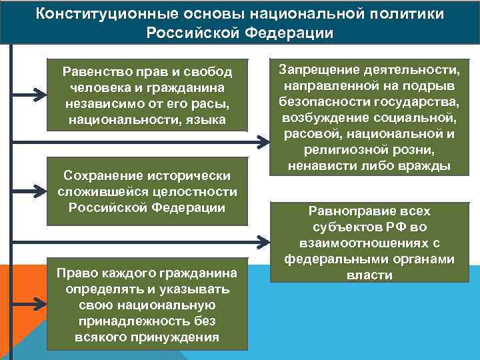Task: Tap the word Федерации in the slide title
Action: coord(293,33)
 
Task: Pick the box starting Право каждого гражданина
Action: coord(147,304)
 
